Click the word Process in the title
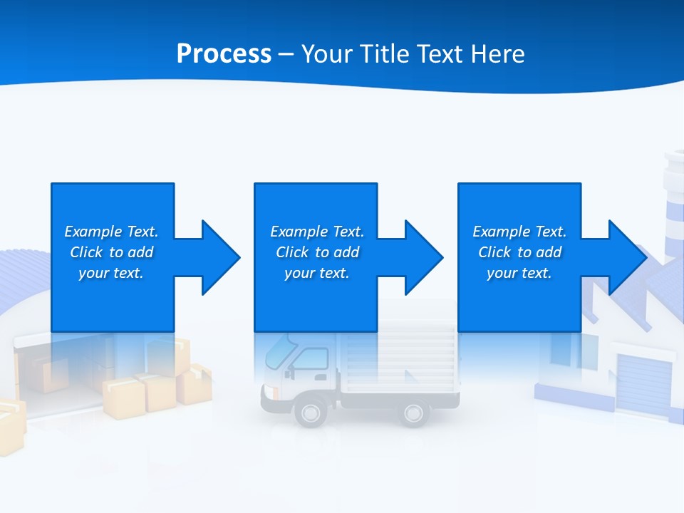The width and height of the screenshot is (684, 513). (224, 53)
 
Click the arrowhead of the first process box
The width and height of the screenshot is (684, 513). (220, 257)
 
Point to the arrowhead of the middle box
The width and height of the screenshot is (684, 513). (423, 257)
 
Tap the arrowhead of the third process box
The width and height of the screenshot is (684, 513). (627, 257)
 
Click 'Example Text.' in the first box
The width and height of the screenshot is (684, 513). (111, 232)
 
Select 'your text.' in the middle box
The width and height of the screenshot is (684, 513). (316, 273)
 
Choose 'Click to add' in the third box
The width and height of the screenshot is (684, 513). (519, 252)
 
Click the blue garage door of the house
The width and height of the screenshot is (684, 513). (643, 383)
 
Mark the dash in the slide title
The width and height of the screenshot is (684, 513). (286, 54)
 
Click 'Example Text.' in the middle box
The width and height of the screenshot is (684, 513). (317, 232)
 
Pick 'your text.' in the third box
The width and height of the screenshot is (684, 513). (519, 273)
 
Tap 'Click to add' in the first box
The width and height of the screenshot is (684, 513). (111, 252)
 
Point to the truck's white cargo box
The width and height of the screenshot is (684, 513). (399, 363)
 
